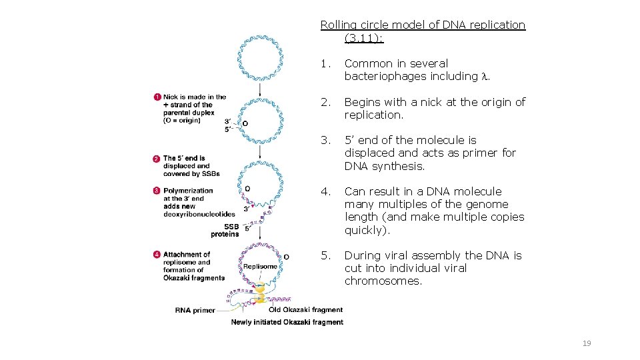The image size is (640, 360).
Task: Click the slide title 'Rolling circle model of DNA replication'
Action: coord(423,25)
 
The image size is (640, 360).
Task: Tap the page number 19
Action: coord(587,343)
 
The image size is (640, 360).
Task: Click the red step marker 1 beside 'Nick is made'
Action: coord(157,97)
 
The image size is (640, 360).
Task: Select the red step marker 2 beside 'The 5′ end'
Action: coord(157,159)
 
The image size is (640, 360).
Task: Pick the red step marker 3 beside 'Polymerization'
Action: coord(157,191)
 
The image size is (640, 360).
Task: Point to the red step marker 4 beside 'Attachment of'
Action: coord(157,255)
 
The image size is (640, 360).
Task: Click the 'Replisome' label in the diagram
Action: coord(260,266)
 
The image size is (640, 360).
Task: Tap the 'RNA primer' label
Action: coord(195,310)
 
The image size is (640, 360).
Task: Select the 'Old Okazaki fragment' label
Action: coord(305,309)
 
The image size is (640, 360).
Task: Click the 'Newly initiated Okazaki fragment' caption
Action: coord(287,322)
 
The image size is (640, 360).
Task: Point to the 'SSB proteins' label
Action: coord(225,231)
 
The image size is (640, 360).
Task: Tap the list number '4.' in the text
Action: coord(325,192)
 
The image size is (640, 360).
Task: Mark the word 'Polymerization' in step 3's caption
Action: coord(188,191)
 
